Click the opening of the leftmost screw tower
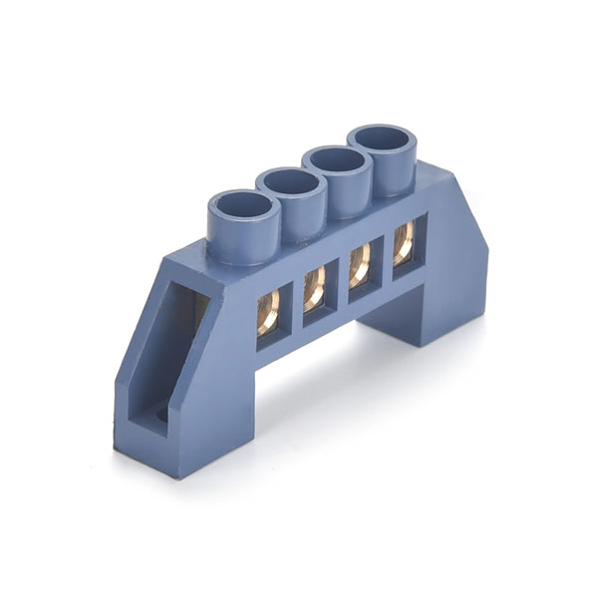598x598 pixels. (x=244, y=211)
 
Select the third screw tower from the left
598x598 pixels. (x=337, y=162)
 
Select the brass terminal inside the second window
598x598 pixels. (x=314, y=290)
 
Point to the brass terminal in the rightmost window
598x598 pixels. (x=404, y=243)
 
